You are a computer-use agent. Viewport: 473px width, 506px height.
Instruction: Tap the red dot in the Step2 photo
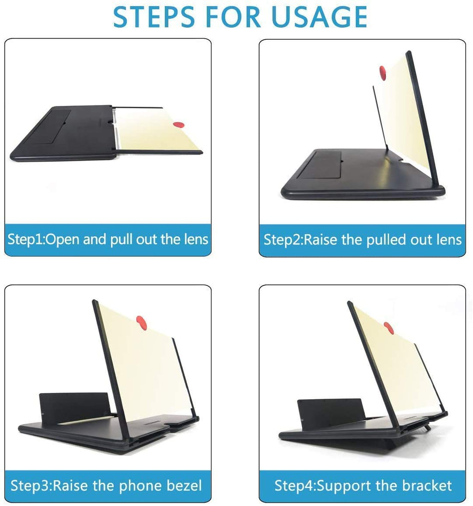[382, 71]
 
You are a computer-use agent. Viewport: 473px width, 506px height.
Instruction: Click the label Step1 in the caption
[26, 239]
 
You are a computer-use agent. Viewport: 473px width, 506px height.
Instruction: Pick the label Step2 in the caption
[281, 240]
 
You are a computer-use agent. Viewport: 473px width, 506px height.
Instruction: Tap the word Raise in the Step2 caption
[320, 240]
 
